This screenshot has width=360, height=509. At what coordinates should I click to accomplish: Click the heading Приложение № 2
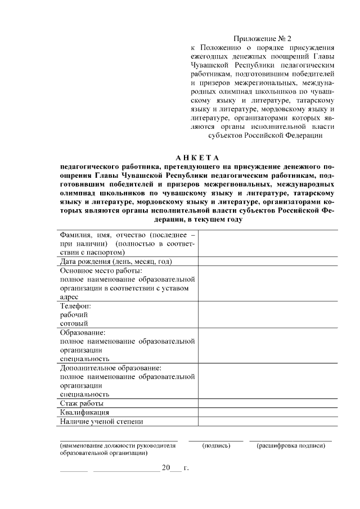coord(265,38)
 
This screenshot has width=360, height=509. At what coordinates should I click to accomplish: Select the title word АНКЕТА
coord(196,157)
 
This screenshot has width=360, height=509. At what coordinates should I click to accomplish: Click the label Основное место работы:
coord(93,271)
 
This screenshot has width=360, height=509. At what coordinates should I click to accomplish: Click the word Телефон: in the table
coord(75,305)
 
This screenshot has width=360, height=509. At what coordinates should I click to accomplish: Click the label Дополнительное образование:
coord(110,368)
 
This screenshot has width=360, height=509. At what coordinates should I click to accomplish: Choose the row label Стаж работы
coord(82,403)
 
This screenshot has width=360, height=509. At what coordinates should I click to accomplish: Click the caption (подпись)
coord(217,445)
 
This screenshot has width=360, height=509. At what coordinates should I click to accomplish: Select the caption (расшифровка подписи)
coord(291,445)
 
